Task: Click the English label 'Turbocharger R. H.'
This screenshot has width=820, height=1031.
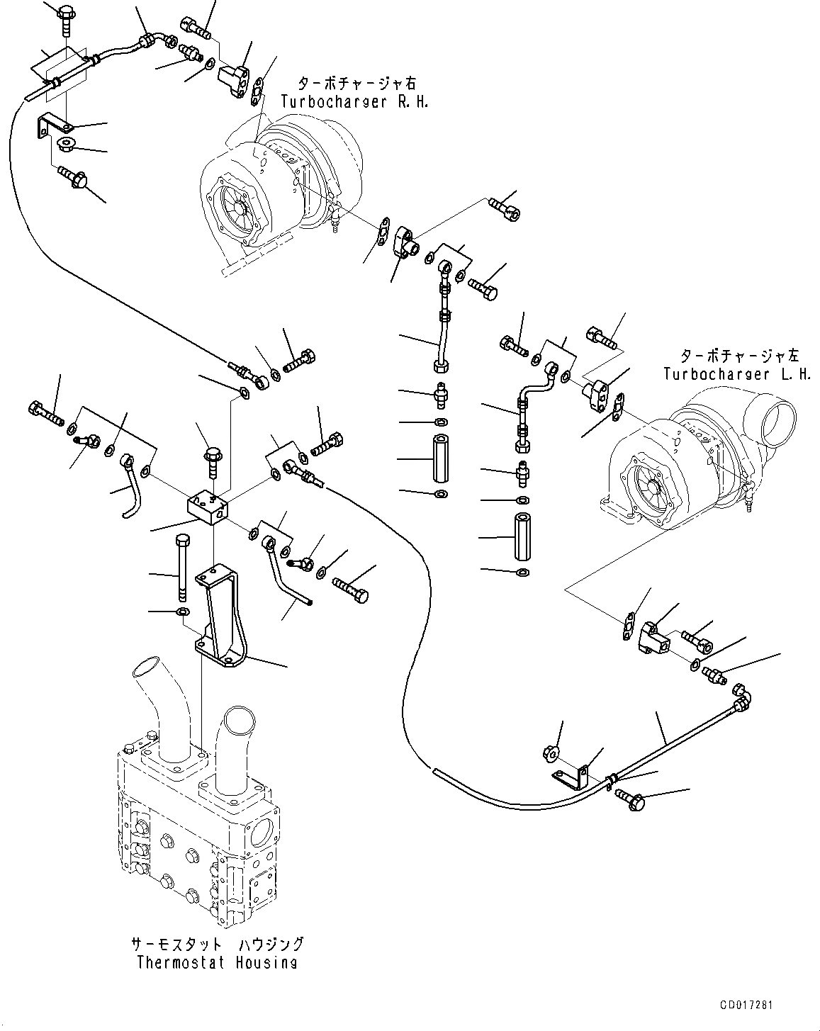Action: click(354, 102)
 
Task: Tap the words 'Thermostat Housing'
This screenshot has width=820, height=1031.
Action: click(217, 962)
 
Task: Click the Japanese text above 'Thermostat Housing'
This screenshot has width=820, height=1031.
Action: click(217, 944)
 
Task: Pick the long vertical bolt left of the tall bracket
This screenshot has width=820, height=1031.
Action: click(183, 568)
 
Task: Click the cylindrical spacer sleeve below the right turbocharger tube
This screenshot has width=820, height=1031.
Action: click(441, 458)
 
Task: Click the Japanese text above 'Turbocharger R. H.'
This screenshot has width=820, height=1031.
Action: click(357, 84)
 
